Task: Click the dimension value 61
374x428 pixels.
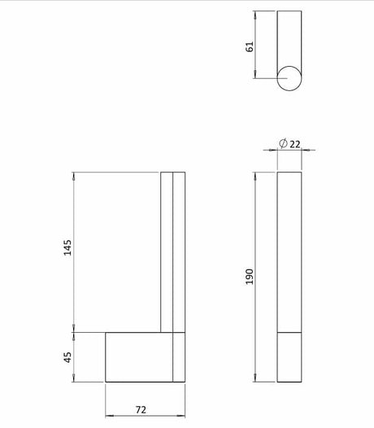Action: (250, 46)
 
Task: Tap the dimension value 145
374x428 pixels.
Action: (67, 247)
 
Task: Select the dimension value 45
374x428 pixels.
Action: (67, 357)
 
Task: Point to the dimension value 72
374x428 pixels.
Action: (141, 410)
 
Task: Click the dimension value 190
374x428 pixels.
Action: (250, 277)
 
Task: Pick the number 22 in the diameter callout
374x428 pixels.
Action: (294, 144)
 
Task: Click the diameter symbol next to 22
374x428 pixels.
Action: (283, 143)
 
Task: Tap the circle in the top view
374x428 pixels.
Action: (289, 90)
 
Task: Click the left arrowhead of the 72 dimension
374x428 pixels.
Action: (110, 416)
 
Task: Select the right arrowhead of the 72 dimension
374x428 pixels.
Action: (181, 416)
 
